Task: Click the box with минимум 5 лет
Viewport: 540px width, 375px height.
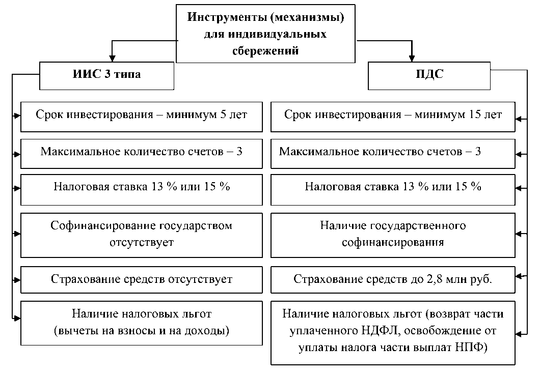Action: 142,115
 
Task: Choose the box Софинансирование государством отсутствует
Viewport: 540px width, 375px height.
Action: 142,234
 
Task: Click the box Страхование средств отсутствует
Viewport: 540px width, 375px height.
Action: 142,279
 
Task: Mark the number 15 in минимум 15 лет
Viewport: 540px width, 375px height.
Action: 474,115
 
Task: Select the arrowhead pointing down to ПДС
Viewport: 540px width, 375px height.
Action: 413,57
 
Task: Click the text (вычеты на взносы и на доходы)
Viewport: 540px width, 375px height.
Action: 142,331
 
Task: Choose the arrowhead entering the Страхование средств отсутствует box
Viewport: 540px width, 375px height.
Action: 18,279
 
